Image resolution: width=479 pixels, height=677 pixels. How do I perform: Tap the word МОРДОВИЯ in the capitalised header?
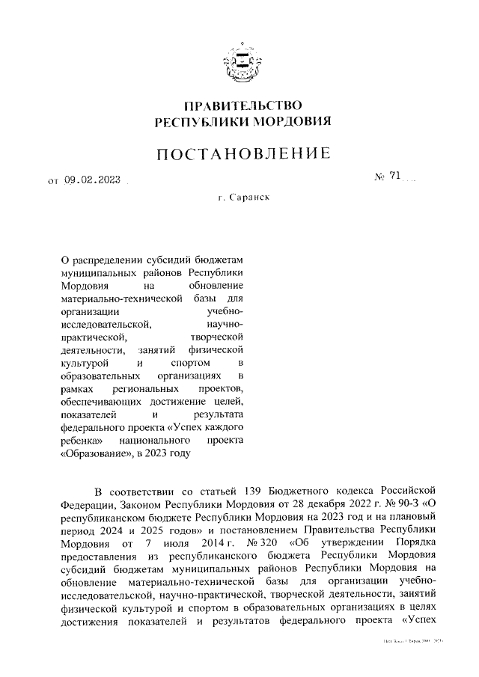[289, 121]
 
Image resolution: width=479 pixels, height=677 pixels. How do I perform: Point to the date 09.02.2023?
[93, 179]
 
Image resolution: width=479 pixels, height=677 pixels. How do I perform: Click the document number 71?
[396, 177]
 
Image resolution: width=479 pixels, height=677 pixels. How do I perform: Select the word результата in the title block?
[219, 413]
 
